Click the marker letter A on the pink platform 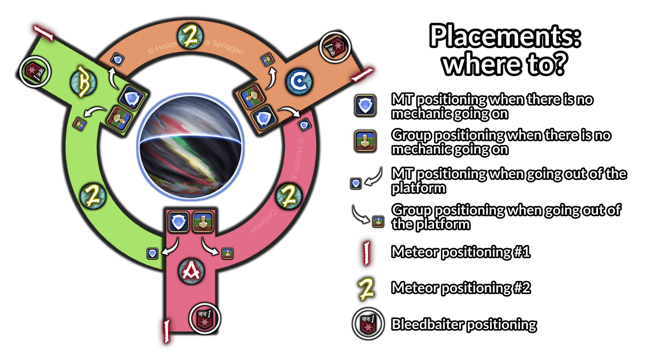(191, 271)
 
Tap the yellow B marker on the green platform (83, 82)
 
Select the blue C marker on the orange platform (299, 81)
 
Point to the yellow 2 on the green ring (93, 196)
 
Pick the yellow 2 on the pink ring (289, 196)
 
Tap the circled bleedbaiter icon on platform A (204, 319)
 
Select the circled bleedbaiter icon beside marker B (35, 71)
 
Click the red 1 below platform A (167, 331)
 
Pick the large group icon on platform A (203, 222)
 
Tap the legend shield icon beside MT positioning (365, 106)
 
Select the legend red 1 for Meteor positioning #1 (367, 253)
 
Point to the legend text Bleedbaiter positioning (464, 325)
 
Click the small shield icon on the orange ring (118, 59)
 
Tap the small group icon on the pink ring (227, 253)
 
